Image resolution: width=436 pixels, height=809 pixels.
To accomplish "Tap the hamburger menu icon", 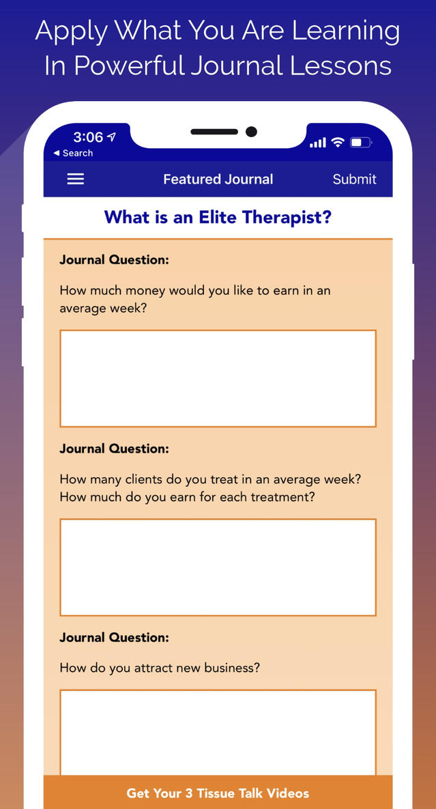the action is pyautogui.click(x=75, y=179).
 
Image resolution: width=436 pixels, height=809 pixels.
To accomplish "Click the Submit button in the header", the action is pyautogui.click(x=354, y=179).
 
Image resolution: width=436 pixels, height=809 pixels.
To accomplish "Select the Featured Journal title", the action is pyautogui.click(x=218, y=179).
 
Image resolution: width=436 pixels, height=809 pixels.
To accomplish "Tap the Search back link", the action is pyautogui.click(x=73, y=153).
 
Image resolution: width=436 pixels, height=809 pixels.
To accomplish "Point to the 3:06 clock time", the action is pyautogui.click(x=88, y=137).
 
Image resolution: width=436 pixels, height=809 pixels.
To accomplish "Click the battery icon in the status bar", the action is pyautogui.click(x=361, y=143).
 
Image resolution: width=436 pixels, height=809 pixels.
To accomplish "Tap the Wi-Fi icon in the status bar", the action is pyautogui.click(x=338, y=143).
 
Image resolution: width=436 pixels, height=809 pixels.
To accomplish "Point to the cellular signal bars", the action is pyautogui.click(x=318, y=143).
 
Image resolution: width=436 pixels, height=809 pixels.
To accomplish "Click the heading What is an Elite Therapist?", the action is pyautogui.click(x=218, y=217).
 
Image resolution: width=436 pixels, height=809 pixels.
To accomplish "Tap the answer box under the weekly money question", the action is pyautogui.click(x=218, y=378).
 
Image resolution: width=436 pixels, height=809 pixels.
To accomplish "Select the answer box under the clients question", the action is pyautogui.click(x=218, y=567).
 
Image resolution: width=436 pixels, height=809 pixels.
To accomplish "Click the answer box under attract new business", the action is pyautogui.click(x=218, y=733).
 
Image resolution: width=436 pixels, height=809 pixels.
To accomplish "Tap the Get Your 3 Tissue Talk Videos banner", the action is pyautogui.click(x=218, y=793).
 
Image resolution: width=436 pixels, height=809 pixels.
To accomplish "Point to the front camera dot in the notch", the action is pyautogui.click(x=251, y=132).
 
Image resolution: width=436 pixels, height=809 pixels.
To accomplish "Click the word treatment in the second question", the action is pyautogui.click(x=285, y=498).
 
